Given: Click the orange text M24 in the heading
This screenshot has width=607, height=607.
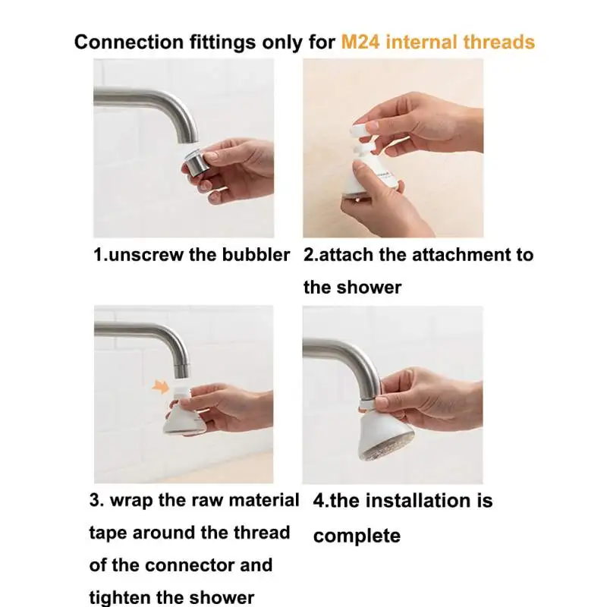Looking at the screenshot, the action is (360, 42).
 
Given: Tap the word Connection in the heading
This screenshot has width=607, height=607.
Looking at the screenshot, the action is (128, 42).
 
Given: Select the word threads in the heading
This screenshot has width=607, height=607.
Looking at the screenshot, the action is (498, 42).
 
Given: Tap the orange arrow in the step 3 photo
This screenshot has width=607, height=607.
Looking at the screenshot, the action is (161, 387).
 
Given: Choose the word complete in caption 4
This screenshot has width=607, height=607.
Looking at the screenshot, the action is (357, 536).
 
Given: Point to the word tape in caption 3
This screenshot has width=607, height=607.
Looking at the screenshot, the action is (109, 533).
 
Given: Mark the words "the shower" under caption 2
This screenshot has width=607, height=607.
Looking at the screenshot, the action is (352, 288).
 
